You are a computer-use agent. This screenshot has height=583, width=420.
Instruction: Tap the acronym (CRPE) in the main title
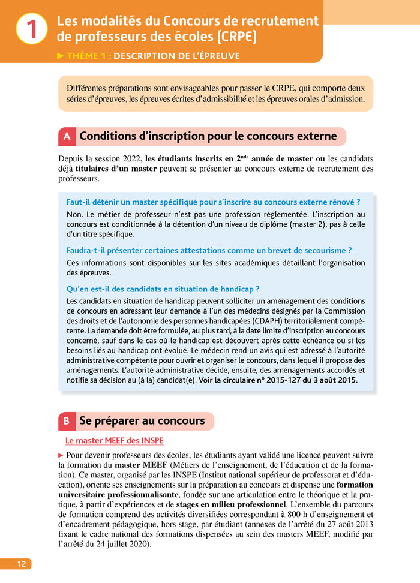pyautogui.click(x=234, y=38)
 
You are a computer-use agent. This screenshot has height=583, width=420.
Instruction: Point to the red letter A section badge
pyautogui.click(x=66, y=137)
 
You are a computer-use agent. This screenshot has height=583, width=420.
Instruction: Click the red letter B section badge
pyautogui.click(x=66, y=422)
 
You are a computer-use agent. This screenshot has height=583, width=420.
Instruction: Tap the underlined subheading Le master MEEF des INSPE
pyautogui.click(x=114, y=440)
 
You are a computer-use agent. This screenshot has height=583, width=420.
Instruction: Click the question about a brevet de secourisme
pyautogui.click(x=209, y=250)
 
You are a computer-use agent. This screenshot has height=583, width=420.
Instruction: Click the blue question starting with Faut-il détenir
pyautogui.click(x=213, y=202)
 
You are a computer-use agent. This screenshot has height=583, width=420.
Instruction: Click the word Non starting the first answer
pyautogui.click(x=74, y=214)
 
